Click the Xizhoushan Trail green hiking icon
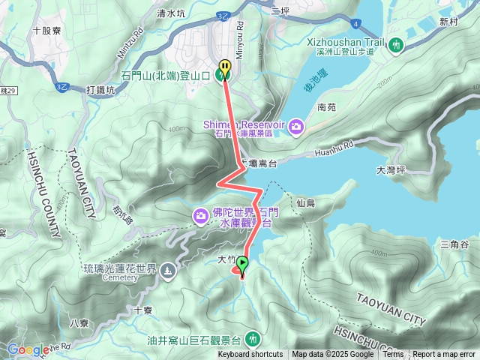pos(396,45)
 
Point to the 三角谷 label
pos(454,244)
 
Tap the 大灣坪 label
pos(391,171)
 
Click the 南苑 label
pos(326,107)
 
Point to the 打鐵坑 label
pos(100,90)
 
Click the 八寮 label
pos(78,323)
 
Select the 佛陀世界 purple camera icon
pos(200,216)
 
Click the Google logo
pos(28,349)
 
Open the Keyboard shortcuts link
pos(250,355)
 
